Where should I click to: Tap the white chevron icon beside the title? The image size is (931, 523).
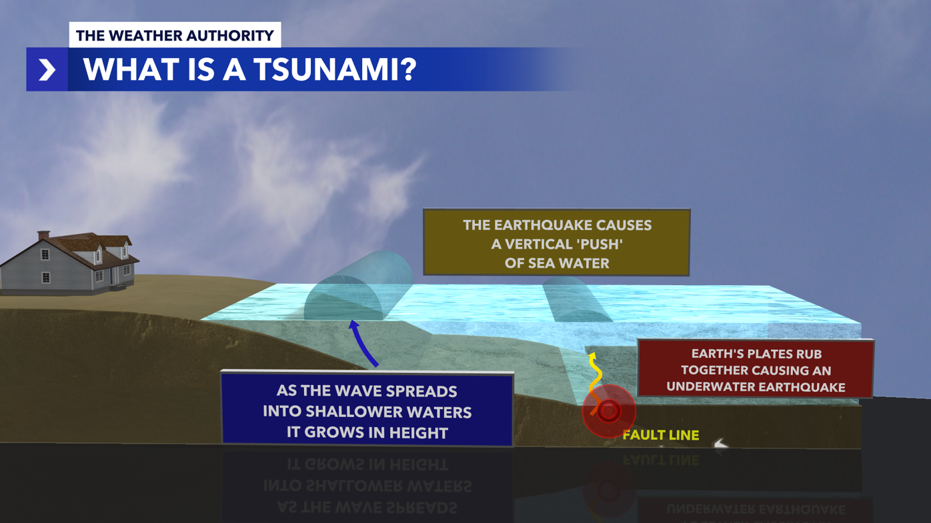[x=47, y=69]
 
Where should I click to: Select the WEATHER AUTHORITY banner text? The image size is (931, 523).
[x=175, y=35]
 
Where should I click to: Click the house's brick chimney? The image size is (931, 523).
[x=43, y=235]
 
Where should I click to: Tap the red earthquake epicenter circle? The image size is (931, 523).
[x=608, y=411]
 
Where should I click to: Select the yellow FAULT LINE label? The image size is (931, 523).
[x=660, y=435]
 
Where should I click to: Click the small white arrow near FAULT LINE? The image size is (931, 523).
[x=721, y=444]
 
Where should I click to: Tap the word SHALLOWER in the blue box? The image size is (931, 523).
[x=367, y=412]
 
